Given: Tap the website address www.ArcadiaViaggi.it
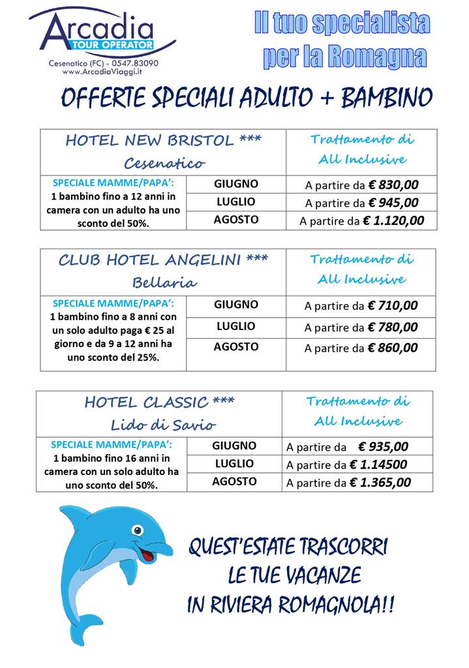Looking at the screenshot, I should [x=103, y=72].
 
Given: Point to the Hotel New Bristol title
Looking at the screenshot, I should [x=163, y=141].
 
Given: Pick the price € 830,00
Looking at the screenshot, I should [x=393, y=185].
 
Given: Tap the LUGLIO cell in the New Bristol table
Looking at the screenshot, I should [x=235, y=202].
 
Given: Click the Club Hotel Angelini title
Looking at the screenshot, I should [x=163, y=260].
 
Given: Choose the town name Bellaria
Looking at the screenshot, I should [x=164, y=282].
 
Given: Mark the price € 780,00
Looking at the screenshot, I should [x=393, y=327].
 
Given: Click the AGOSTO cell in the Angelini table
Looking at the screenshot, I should [x=235, y=347].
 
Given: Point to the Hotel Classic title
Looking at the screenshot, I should [x=159, y=402].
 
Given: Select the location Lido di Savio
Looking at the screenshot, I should [x=162, y=425].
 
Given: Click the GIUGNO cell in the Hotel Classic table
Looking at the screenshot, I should [x=234, y=446].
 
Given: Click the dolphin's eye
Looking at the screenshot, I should [x=137, y=529].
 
